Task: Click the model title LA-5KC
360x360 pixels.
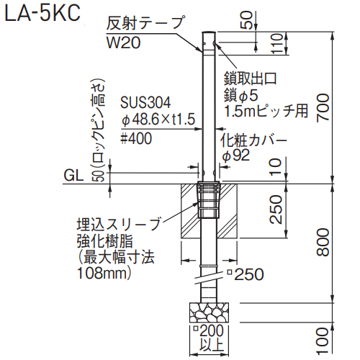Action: [42, 13]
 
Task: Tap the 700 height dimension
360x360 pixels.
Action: [323, 108]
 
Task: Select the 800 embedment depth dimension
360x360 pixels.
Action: [323, 242]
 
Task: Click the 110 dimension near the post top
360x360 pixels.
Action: [276, 43]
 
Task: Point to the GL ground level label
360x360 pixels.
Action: [73, 176]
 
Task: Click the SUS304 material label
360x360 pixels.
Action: [145, 102]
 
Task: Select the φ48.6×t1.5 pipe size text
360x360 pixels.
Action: [158, 120]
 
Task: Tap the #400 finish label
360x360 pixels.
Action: [136, 138]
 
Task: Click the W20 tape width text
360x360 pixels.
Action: [123, 42]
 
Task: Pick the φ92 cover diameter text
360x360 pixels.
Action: [236, 156]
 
